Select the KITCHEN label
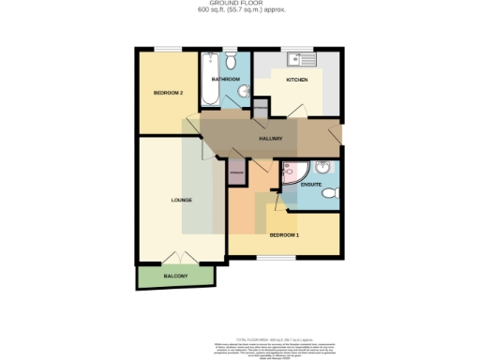click(297, 81)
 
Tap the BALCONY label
click(175, 276)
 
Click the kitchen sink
click(306, 60)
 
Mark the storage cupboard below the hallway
click(238, 174)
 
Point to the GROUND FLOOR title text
click(241, 4)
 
